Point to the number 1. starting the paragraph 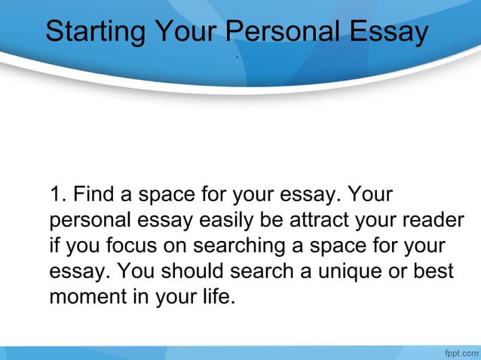tap(59, 195)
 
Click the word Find tap(95, 195)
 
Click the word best tap(434, 270)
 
